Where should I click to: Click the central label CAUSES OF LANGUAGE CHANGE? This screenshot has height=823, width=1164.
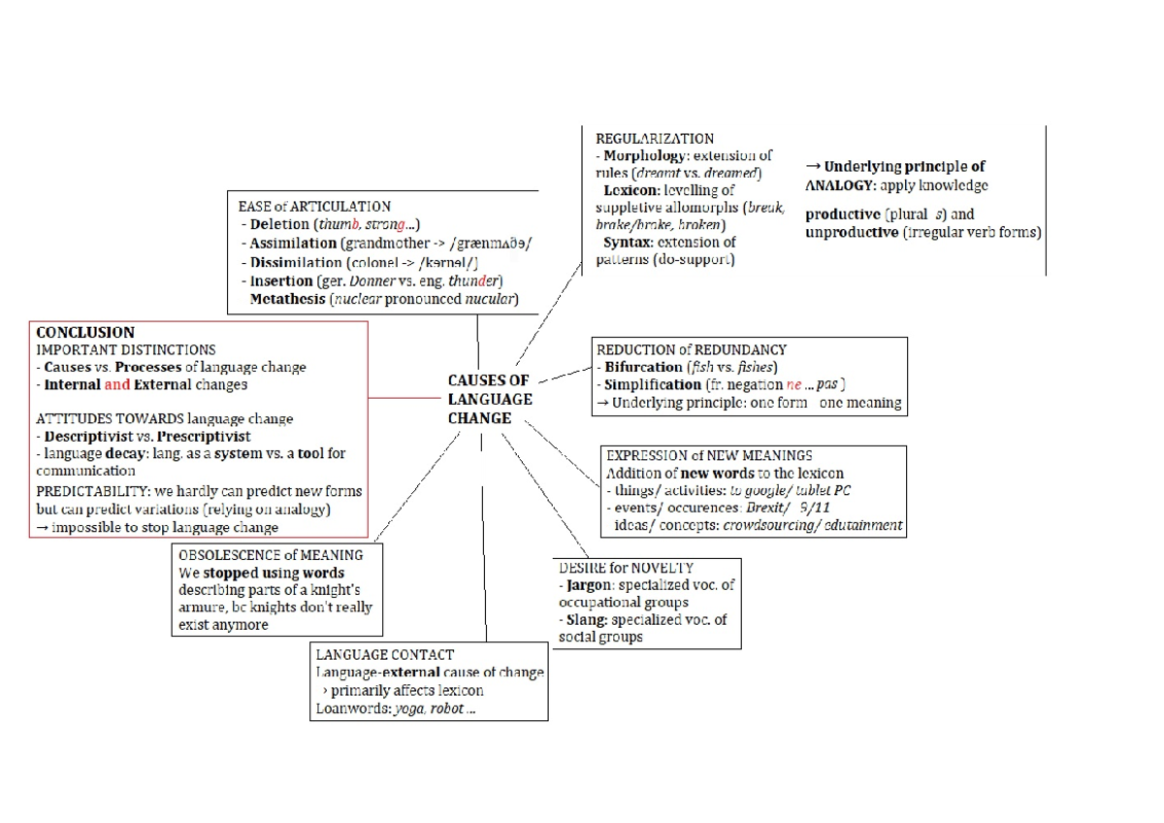pyautogui.click(x=490, y=399)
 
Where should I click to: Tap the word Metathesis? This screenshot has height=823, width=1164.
pyautogui.click(x=287, y=299)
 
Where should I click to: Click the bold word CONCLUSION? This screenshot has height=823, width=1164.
pyautogui.click(x=85, y=332)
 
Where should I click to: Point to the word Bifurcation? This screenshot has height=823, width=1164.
pyautogui.click(x=643, y=368)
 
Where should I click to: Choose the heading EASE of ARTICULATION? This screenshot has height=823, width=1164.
pyautogui.click(x=314, y=207)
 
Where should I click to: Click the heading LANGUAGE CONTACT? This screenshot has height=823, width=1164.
pyautogui.click(x=385, y=655)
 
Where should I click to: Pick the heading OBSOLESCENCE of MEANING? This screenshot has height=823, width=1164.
pyautogui.click(x=271, y=555)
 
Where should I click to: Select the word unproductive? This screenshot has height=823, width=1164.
pyautogui.click(x=852, y=232)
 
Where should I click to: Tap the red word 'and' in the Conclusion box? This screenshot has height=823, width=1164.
pyautogui.click(x=117, y=384)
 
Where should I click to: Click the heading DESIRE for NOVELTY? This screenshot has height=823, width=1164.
pyautogui.click(x=626, y=567)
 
